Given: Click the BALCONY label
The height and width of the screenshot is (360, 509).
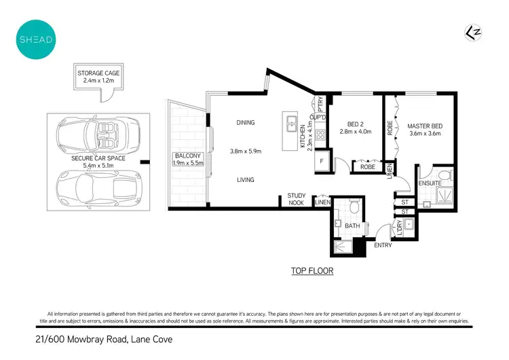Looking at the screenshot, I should click(185, 159).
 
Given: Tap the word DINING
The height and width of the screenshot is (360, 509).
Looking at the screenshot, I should click(245, 123).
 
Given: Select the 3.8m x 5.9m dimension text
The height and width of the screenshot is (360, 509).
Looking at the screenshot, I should click(245, 151).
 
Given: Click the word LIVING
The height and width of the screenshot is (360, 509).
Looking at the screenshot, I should click(245, 180).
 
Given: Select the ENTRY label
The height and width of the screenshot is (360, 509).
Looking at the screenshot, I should click(383, 245).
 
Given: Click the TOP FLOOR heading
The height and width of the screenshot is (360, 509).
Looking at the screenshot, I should click(312, 271).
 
